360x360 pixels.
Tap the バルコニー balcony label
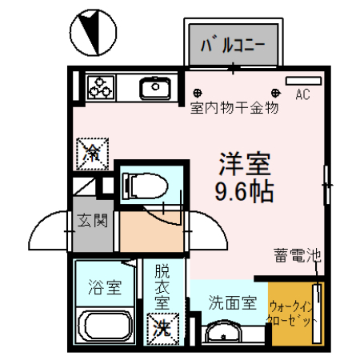233,43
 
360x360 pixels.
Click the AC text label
302,95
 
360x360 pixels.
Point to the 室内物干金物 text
234,107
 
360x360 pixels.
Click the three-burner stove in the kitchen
102,86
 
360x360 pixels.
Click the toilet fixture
146,186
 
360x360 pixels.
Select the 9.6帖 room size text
245,191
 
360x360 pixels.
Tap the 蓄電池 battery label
296,257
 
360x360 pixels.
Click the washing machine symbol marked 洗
162,326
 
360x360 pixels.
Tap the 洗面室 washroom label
232,303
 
